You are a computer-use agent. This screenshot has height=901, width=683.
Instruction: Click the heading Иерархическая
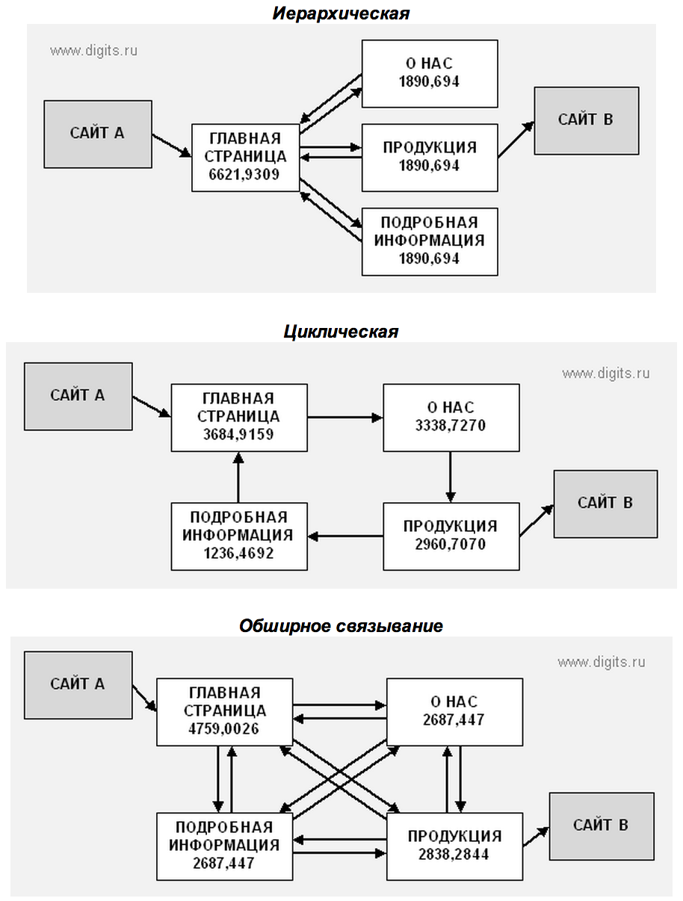tap(341, 14)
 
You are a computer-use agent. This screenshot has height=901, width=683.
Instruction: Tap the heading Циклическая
tap(341, 332)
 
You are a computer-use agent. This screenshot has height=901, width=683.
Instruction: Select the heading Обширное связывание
tap(341, 626)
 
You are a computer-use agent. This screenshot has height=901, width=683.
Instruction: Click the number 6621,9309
tap(244, 175)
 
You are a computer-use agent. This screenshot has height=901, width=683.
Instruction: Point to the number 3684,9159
tap(238, 434)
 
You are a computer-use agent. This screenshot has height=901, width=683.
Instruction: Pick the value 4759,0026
tap(223, 729)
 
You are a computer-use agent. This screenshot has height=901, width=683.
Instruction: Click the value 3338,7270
tap(451, 425)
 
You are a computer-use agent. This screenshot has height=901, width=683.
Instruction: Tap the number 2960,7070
tap(451, 545)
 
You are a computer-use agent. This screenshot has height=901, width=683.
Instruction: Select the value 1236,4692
tap(238, 554)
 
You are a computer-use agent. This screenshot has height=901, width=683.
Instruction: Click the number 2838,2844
tap(454, 855)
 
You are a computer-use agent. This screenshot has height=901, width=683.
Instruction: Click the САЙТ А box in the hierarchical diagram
tap(98, 134)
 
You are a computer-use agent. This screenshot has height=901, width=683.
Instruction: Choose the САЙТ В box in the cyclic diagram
tap(605, 504)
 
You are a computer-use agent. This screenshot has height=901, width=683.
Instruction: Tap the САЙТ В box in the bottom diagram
tap(602, 826)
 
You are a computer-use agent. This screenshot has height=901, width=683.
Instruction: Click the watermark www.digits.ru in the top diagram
tap(93, 51)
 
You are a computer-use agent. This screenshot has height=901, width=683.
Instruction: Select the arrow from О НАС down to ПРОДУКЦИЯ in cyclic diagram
tap(451, 477)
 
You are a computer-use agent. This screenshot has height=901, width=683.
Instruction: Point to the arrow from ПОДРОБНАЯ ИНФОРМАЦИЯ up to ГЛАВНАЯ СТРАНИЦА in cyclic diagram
tap(238, 477)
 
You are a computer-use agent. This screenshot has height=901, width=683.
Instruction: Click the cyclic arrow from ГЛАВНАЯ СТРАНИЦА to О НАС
tap(345, 418)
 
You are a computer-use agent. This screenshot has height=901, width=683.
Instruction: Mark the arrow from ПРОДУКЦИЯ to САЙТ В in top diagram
tap(516, 140)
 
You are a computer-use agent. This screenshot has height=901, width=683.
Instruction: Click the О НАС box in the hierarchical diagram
tap(430, 74)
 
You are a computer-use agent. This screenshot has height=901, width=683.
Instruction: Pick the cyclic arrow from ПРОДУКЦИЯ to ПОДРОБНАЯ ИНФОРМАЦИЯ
tap(345, 536)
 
